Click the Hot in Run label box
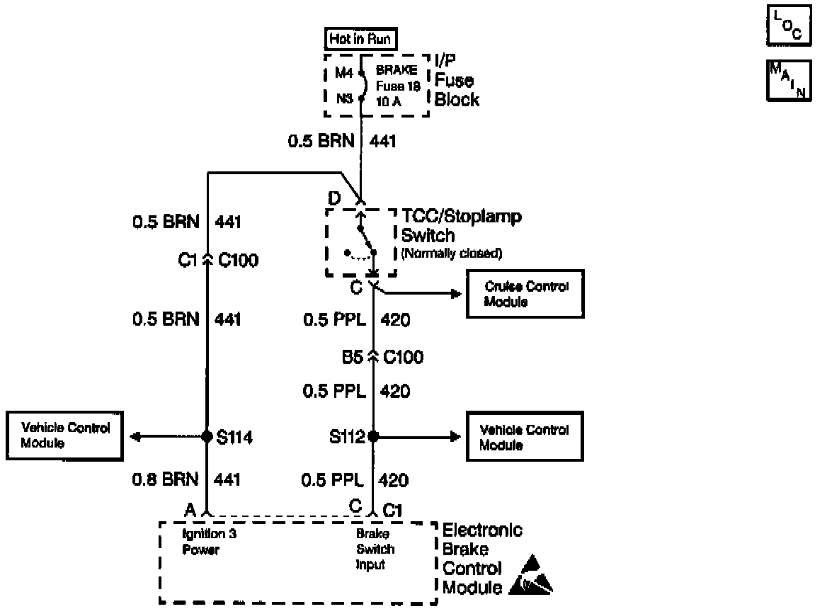360,39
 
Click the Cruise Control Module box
525,293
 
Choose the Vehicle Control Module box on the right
525,437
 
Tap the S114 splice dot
207,436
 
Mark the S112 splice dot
373,437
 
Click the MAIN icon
787,81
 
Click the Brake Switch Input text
375,550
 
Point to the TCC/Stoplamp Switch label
461,225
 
